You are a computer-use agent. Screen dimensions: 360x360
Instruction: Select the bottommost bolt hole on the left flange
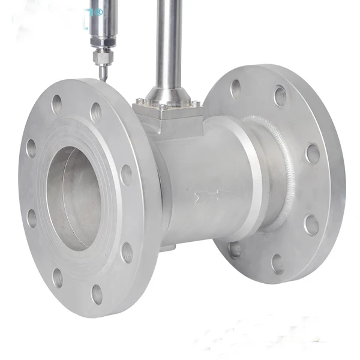coord(97,293)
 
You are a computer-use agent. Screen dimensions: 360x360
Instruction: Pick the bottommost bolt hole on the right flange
coord(277,263)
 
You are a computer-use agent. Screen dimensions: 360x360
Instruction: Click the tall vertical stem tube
coord(168,42)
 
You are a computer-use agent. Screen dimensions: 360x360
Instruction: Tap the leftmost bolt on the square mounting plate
coord(138,102)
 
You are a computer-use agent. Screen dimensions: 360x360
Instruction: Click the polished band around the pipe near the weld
coord(252,180)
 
